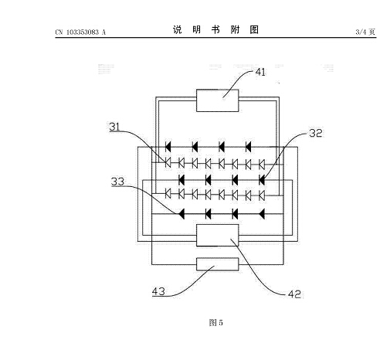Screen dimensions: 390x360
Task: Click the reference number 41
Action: pyautogui.click(x=260, y=72)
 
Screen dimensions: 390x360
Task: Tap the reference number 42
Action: pyautogui.click(x=294, y=294)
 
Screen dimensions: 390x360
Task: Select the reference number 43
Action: pyautogui.click(x=158, y=291)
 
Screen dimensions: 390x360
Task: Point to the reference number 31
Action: pyautogui.click(x=114, y=127)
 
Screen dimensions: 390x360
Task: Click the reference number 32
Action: pyautogui.click(x=316, y=133)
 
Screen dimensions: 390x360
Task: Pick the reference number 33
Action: pyautogui.click(x=117, y=182)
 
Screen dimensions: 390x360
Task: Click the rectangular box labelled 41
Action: pyautogui.click(x=218, y=100)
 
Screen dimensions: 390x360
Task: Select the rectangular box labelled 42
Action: pyautogui.click(x=218, y=236)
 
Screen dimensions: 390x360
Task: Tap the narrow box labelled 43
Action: pyautogui.click(x=218, y=264)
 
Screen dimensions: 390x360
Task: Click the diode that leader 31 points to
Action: pyautogui.click(x=168, y=163)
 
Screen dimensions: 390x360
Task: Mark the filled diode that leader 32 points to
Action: pyautogui.click(x=262, y=180)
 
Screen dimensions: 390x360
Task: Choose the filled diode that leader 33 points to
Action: pyautogui.click(x=181, y=214)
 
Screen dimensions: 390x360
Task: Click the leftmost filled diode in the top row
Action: pyautogui.click(x=168, y=147)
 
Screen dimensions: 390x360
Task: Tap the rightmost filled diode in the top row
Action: pyautogui.click(x=248, y=147)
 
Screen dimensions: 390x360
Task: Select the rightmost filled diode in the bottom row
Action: pyautogui.click(x=262, y=214)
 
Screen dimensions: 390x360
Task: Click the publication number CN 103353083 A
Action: pyautogui.click(x=80, y=32)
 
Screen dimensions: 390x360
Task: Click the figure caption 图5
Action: pyautogui.click(x=215, y=322)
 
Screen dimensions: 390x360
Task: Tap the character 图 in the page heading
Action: pyautogui.click(x=254, y=29)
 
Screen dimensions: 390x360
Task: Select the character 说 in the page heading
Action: pyautogui.click(x=178, y=29)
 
